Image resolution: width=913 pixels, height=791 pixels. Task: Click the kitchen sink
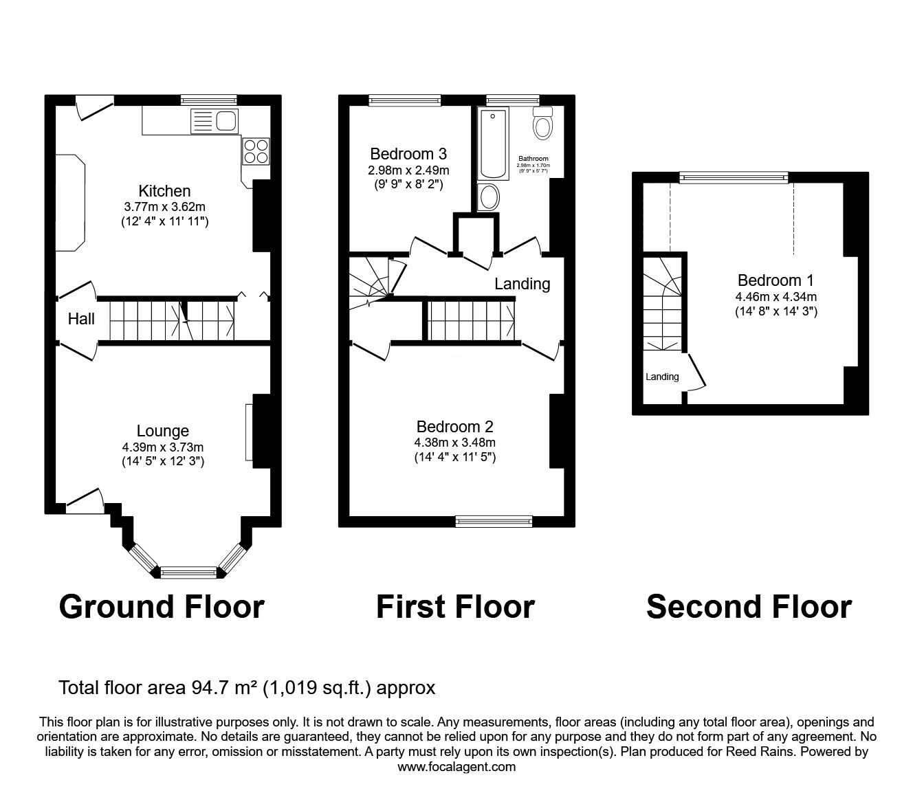point(214,122)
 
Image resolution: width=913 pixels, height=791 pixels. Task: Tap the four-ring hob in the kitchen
point(255,151)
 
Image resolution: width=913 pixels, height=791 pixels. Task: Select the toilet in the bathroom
point(543,124)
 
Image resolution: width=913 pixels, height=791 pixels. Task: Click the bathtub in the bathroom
point(494,144)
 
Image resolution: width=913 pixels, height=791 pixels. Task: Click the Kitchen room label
point(164,191)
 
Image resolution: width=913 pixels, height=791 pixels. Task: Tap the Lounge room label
point(163,431)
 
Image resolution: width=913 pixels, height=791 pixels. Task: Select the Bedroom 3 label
point(408,154)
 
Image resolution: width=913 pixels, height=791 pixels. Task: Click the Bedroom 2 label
point(454,427)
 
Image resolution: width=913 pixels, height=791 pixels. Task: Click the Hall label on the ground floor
point(81,319)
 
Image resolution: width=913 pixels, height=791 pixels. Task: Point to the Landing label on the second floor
point(662,377)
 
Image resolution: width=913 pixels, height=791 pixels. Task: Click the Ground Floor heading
point(162,607)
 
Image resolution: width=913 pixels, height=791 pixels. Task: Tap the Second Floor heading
point(749,607)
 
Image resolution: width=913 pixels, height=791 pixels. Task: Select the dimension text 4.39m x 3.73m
point(163,447)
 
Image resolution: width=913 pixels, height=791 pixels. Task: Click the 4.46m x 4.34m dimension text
point(775,297)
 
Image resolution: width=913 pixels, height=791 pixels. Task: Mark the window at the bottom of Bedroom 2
point(494,522)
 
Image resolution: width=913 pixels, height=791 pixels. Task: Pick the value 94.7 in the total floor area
point(208,687)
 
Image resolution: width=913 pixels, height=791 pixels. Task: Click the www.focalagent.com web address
point(456,766)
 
